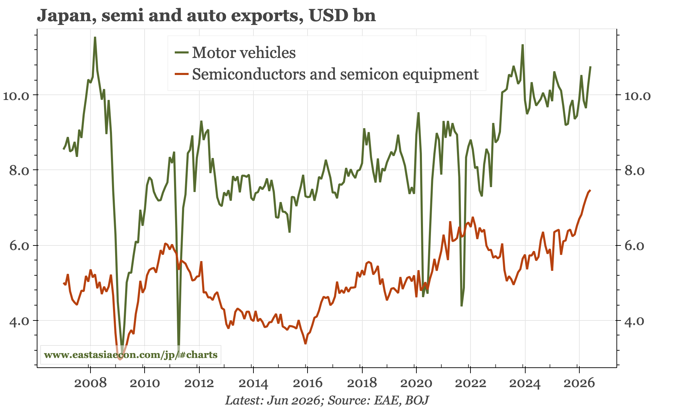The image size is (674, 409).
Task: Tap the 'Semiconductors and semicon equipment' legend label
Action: [335, 74]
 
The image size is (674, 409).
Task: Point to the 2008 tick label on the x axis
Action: [90, 383]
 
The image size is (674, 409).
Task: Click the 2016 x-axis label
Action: [307, 383]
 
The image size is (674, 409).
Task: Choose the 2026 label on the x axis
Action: [579, 383]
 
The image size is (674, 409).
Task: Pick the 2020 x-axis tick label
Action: [416, 383]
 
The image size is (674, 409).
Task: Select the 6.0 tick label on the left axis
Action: [20, 245]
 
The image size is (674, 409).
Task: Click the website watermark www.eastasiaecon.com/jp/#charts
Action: [131, 355]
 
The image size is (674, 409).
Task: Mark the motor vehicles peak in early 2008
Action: [95, 37]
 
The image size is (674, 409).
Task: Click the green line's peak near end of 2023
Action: [522, 45]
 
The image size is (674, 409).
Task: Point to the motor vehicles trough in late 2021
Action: [461, 306]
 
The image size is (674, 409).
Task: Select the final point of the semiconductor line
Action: [590, 190]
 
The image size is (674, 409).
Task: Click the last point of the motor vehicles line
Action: [590, 66]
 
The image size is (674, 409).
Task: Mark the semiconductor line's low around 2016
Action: [305, 344]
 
